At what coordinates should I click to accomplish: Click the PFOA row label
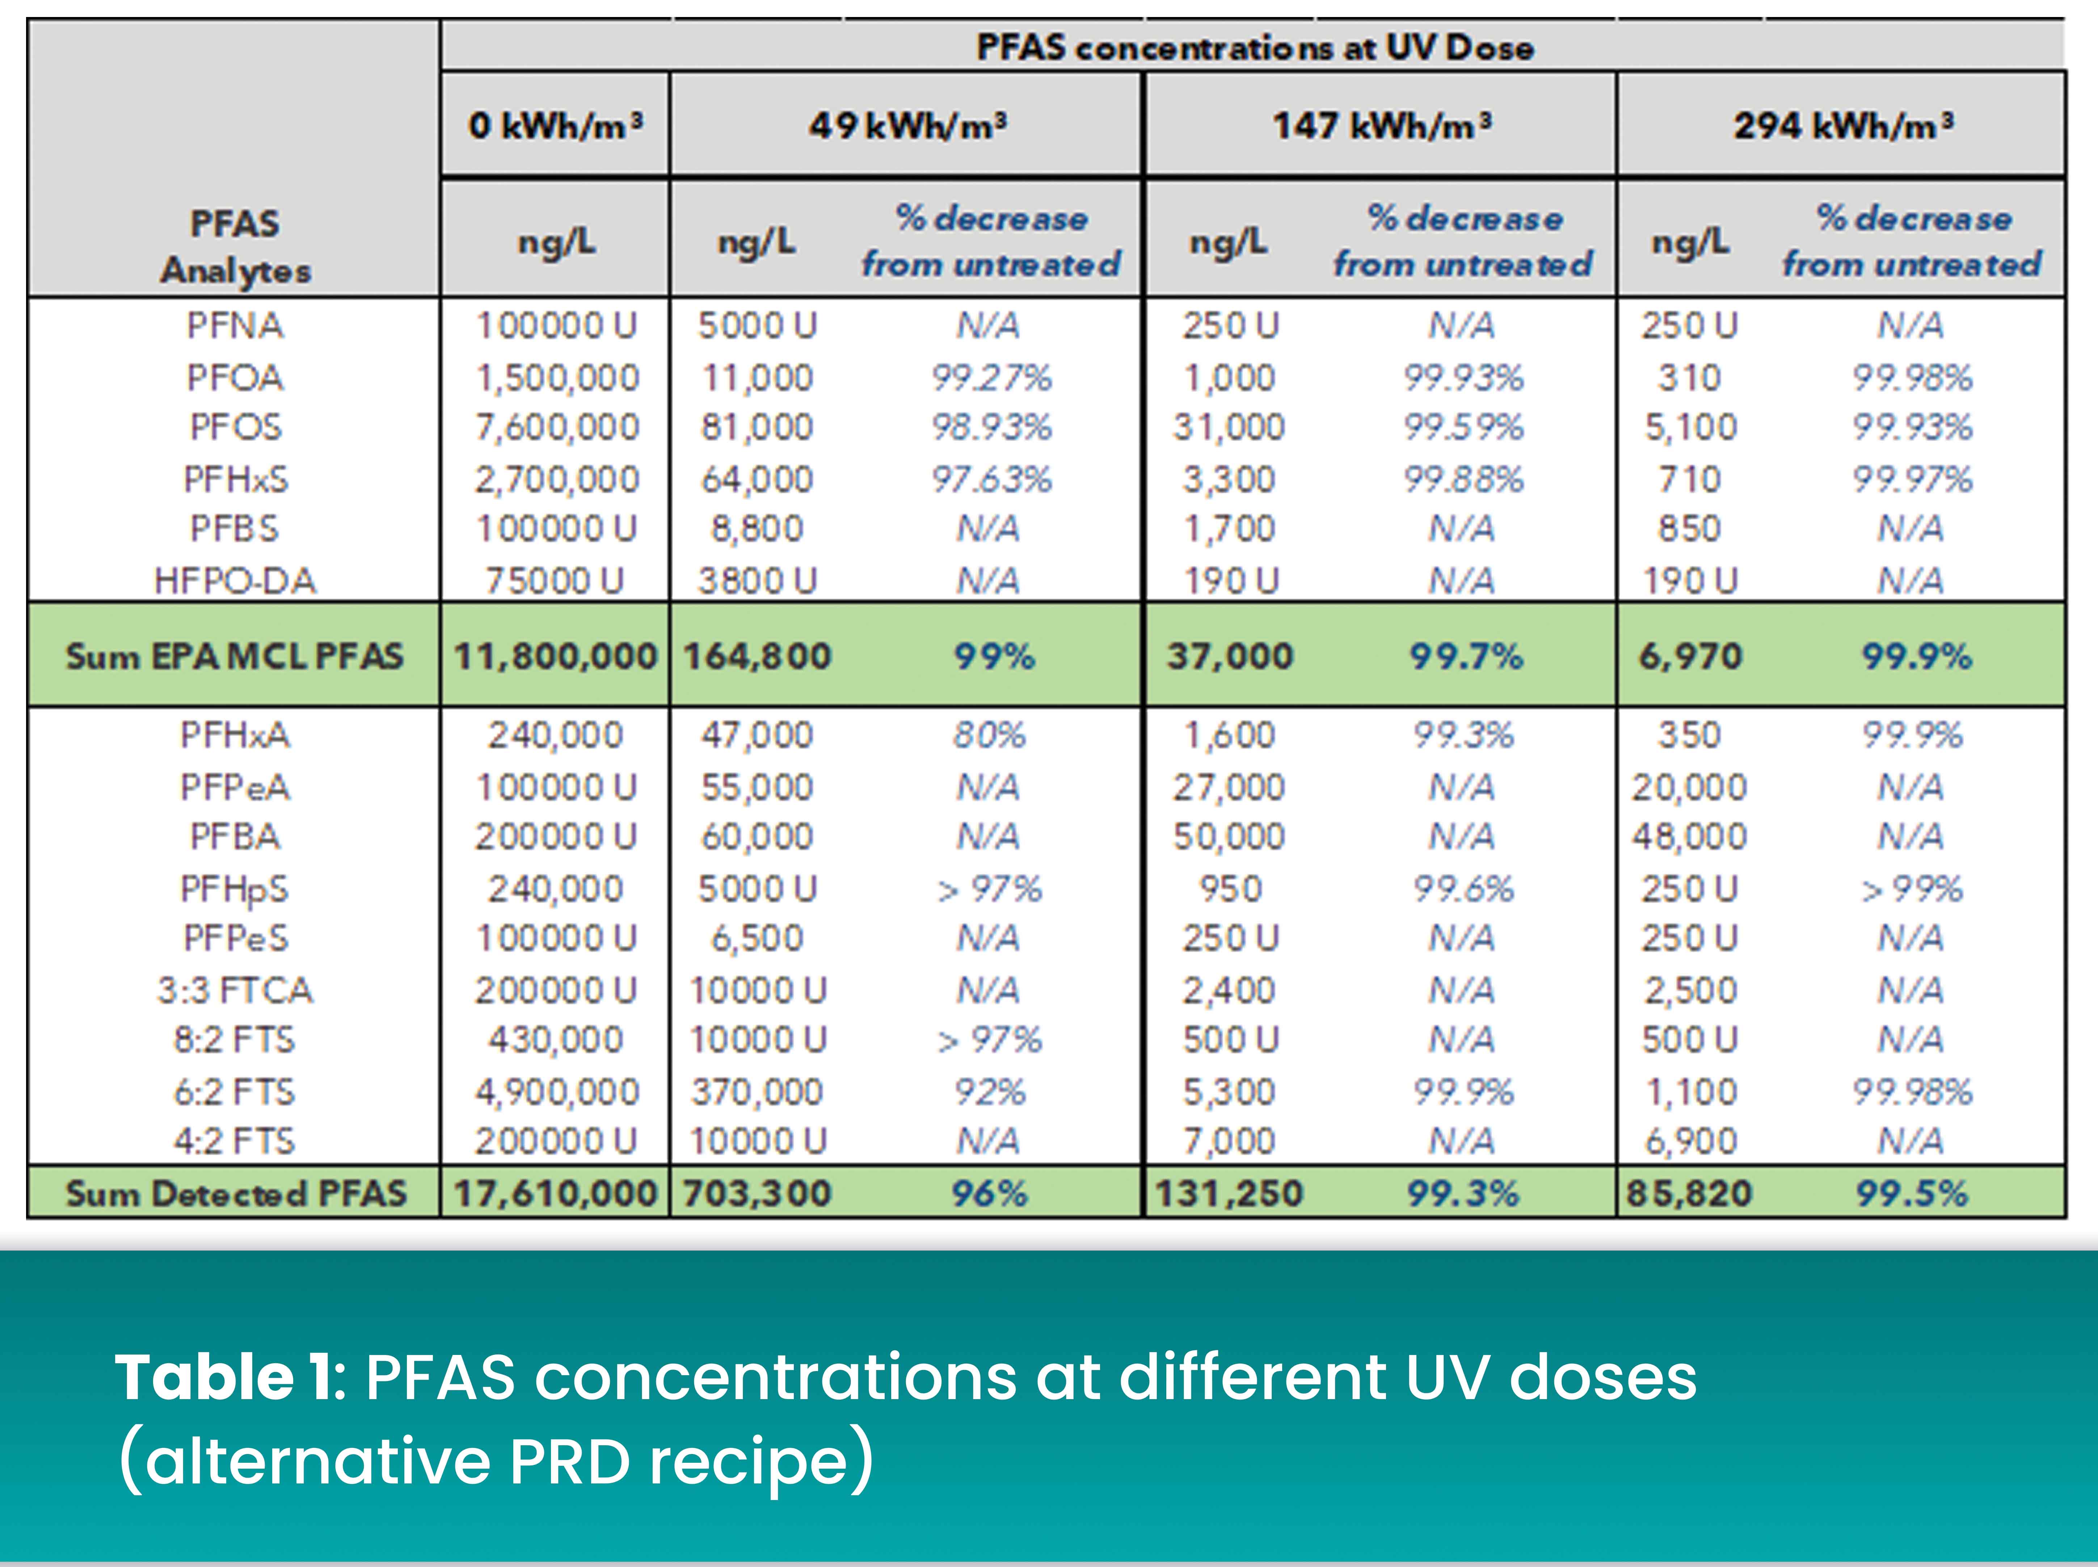click(x=234, y=377)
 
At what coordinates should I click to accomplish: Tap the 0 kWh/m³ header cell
click(x=556, y=125)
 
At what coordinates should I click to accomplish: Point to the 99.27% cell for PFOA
click(x=991, y=377)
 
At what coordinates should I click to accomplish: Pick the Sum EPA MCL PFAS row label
click(x=234, y=656)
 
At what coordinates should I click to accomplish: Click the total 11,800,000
click(x=556, y=656)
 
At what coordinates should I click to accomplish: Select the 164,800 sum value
click(x=757, y=656)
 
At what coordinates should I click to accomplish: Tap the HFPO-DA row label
click(x=234, y=580)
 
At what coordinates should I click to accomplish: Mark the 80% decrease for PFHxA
click(x=989, y=735)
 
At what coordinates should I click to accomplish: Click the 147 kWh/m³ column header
click(x=1381, y=125)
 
